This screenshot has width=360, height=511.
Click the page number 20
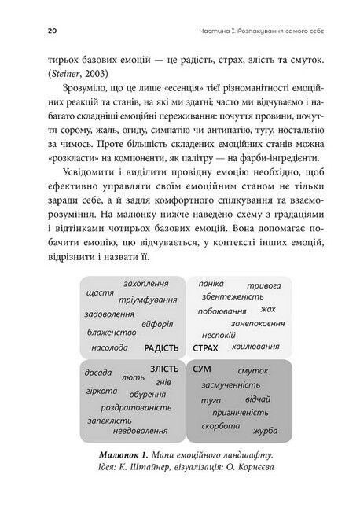tap(30, 30)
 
